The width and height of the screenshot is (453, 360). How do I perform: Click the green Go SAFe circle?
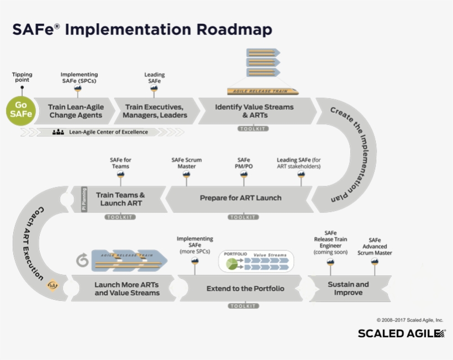tap(20, 111)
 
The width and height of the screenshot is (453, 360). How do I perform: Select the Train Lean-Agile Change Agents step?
tap(76, 111)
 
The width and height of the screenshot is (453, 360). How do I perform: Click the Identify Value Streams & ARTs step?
tap(254, 111)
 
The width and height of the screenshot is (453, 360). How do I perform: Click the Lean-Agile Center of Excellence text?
tap(101, 132)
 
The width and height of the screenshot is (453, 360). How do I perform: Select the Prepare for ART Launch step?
tap(240, 198)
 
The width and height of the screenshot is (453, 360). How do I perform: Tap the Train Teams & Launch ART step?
tap(120, 199)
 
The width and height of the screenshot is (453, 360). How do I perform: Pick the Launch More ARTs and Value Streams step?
tap(127, 289)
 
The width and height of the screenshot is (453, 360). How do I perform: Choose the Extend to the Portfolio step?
tap(245, 289)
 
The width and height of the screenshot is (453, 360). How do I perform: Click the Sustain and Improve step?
tap(348, 288)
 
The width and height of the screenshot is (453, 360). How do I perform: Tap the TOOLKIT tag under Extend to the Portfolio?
tap(243, 306)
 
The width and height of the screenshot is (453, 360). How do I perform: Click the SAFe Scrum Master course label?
tap(186, 163)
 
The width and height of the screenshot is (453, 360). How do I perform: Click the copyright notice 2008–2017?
tap(409, 320)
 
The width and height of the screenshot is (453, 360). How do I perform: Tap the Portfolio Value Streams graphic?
tap(256, 261)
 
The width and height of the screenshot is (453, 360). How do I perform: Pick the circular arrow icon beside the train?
tap(82, 260)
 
